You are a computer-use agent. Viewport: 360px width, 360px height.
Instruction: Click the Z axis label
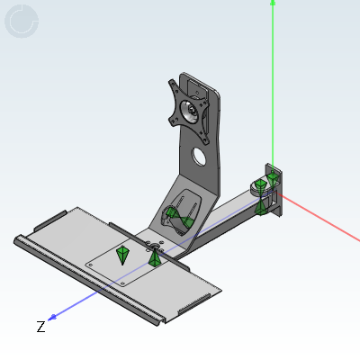tap(40, 327)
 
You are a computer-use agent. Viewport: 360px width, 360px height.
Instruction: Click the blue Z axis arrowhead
tap(55, 316)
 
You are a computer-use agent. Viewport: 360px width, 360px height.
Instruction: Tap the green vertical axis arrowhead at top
tap(273, 4)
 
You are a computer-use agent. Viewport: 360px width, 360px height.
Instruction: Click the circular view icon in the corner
tap(22, 22)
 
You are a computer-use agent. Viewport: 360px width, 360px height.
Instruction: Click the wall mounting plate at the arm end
tap(274, 189)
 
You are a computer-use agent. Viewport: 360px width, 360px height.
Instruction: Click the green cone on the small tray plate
tap(122, 254)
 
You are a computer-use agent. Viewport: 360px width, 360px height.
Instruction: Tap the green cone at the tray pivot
tap(156, 258)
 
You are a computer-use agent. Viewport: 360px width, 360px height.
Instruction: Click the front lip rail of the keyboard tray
tap(85, 279)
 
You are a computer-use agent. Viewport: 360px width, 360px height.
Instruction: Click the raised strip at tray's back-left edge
tap(49, 221)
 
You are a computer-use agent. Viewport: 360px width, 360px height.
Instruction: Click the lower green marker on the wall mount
tap(260, 209)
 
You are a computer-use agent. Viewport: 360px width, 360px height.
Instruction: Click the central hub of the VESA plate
tap(190, 112)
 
